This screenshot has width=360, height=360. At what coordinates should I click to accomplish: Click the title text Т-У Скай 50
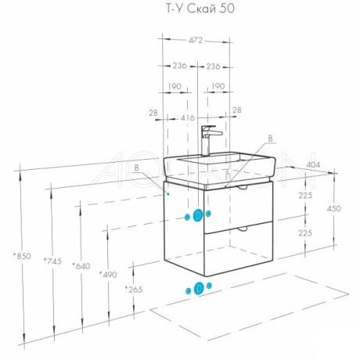[x=200, y=9]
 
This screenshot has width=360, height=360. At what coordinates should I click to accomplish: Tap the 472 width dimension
[x=196, y=40]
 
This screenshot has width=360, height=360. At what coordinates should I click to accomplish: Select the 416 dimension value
[x=188, y=118]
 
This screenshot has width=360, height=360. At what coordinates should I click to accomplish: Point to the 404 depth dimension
[x=313, y=165]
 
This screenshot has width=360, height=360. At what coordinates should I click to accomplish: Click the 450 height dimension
[x=333, y=208]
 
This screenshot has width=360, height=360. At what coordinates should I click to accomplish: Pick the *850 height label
[x=22, y=256]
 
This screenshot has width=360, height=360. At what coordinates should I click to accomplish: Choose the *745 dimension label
[x=52, y=261]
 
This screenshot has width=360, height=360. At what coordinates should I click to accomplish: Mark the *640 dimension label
[x=81, y=266]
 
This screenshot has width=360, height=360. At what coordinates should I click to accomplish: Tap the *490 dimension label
[x=108, y=275]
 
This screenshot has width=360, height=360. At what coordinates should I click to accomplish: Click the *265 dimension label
[x=134, y=290]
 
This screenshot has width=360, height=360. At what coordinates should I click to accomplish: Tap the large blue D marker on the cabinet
[x=198, y=215]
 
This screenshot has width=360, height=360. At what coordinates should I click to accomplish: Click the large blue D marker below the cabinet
[x=199, y=288]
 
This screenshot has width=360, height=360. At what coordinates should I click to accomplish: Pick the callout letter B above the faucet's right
[x=271, y=139]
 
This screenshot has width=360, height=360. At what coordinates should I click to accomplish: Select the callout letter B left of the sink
[x=136, y=168]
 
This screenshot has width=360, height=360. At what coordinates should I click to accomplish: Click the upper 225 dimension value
[x=305, y=195]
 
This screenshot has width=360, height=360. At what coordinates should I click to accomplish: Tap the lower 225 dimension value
[x=305, y=232]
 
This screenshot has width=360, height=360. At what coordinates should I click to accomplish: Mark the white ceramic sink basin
[x=220, y=170]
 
